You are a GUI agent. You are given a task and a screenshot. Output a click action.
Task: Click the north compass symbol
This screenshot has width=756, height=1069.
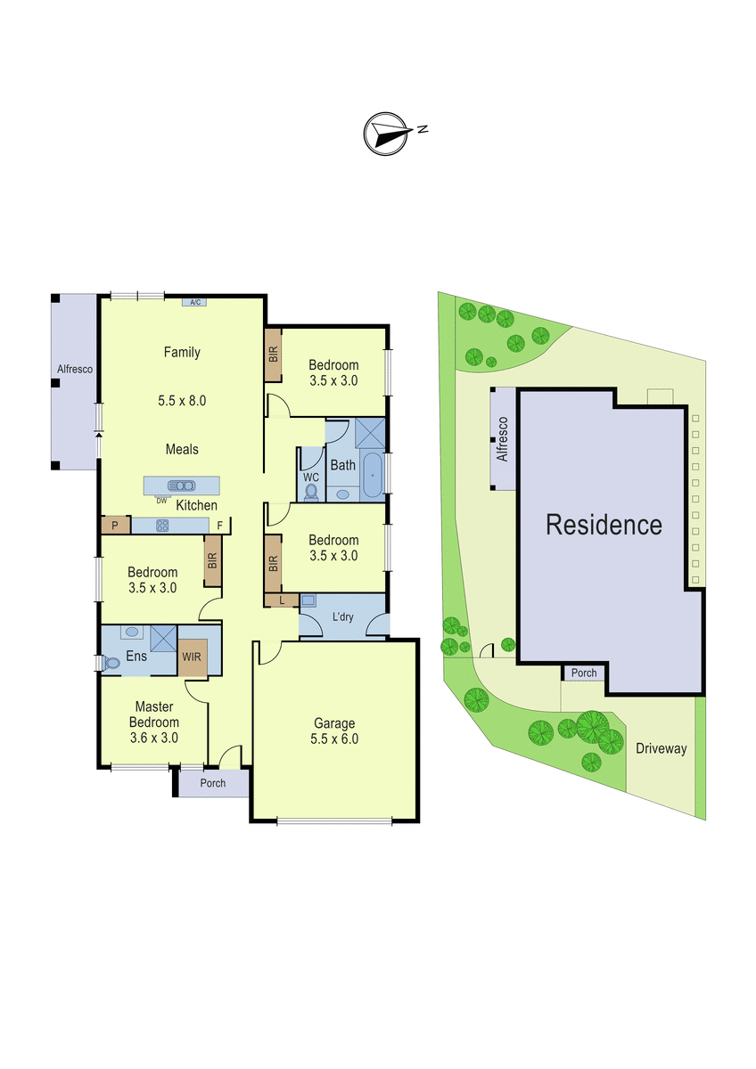385,134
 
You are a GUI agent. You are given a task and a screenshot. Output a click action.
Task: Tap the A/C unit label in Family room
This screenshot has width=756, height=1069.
195,302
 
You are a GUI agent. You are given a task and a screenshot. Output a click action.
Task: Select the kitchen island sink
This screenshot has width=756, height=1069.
182,486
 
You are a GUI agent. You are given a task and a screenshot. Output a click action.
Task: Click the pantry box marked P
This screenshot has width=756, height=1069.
116,526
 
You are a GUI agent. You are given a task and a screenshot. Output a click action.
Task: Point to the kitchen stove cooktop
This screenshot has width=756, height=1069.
162,526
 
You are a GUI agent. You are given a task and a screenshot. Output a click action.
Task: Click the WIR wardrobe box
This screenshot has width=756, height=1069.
193,657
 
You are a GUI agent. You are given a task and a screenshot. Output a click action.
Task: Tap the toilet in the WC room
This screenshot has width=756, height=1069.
311,492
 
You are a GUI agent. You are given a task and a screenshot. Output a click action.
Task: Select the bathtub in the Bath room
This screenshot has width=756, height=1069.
372,475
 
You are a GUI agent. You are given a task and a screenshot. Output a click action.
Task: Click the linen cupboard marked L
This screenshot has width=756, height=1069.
282,600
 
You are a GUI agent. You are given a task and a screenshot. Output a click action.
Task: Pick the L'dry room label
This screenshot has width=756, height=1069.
343,616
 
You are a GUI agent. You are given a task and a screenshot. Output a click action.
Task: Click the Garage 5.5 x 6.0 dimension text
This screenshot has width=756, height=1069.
334,739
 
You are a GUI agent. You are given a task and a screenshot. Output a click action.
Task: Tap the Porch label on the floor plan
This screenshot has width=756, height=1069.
213,783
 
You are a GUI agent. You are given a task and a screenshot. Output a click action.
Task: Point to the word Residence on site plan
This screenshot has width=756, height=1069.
604,525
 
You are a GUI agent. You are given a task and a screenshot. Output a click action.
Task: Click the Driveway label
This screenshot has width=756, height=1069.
661,748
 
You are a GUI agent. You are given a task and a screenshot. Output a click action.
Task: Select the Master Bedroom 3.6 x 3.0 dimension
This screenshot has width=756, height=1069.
153,738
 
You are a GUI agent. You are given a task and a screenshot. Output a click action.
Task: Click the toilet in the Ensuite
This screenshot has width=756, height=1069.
111,664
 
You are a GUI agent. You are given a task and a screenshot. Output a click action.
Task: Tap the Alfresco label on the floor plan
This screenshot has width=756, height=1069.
75,369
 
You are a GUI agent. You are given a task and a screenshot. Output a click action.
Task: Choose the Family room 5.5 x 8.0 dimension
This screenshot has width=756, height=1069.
182,400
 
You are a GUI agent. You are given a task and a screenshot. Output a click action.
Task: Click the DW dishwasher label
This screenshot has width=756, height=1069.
161,501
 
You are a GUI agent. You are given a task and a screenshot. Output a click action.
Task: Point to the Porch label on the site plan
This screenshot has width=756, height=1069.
584,673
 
